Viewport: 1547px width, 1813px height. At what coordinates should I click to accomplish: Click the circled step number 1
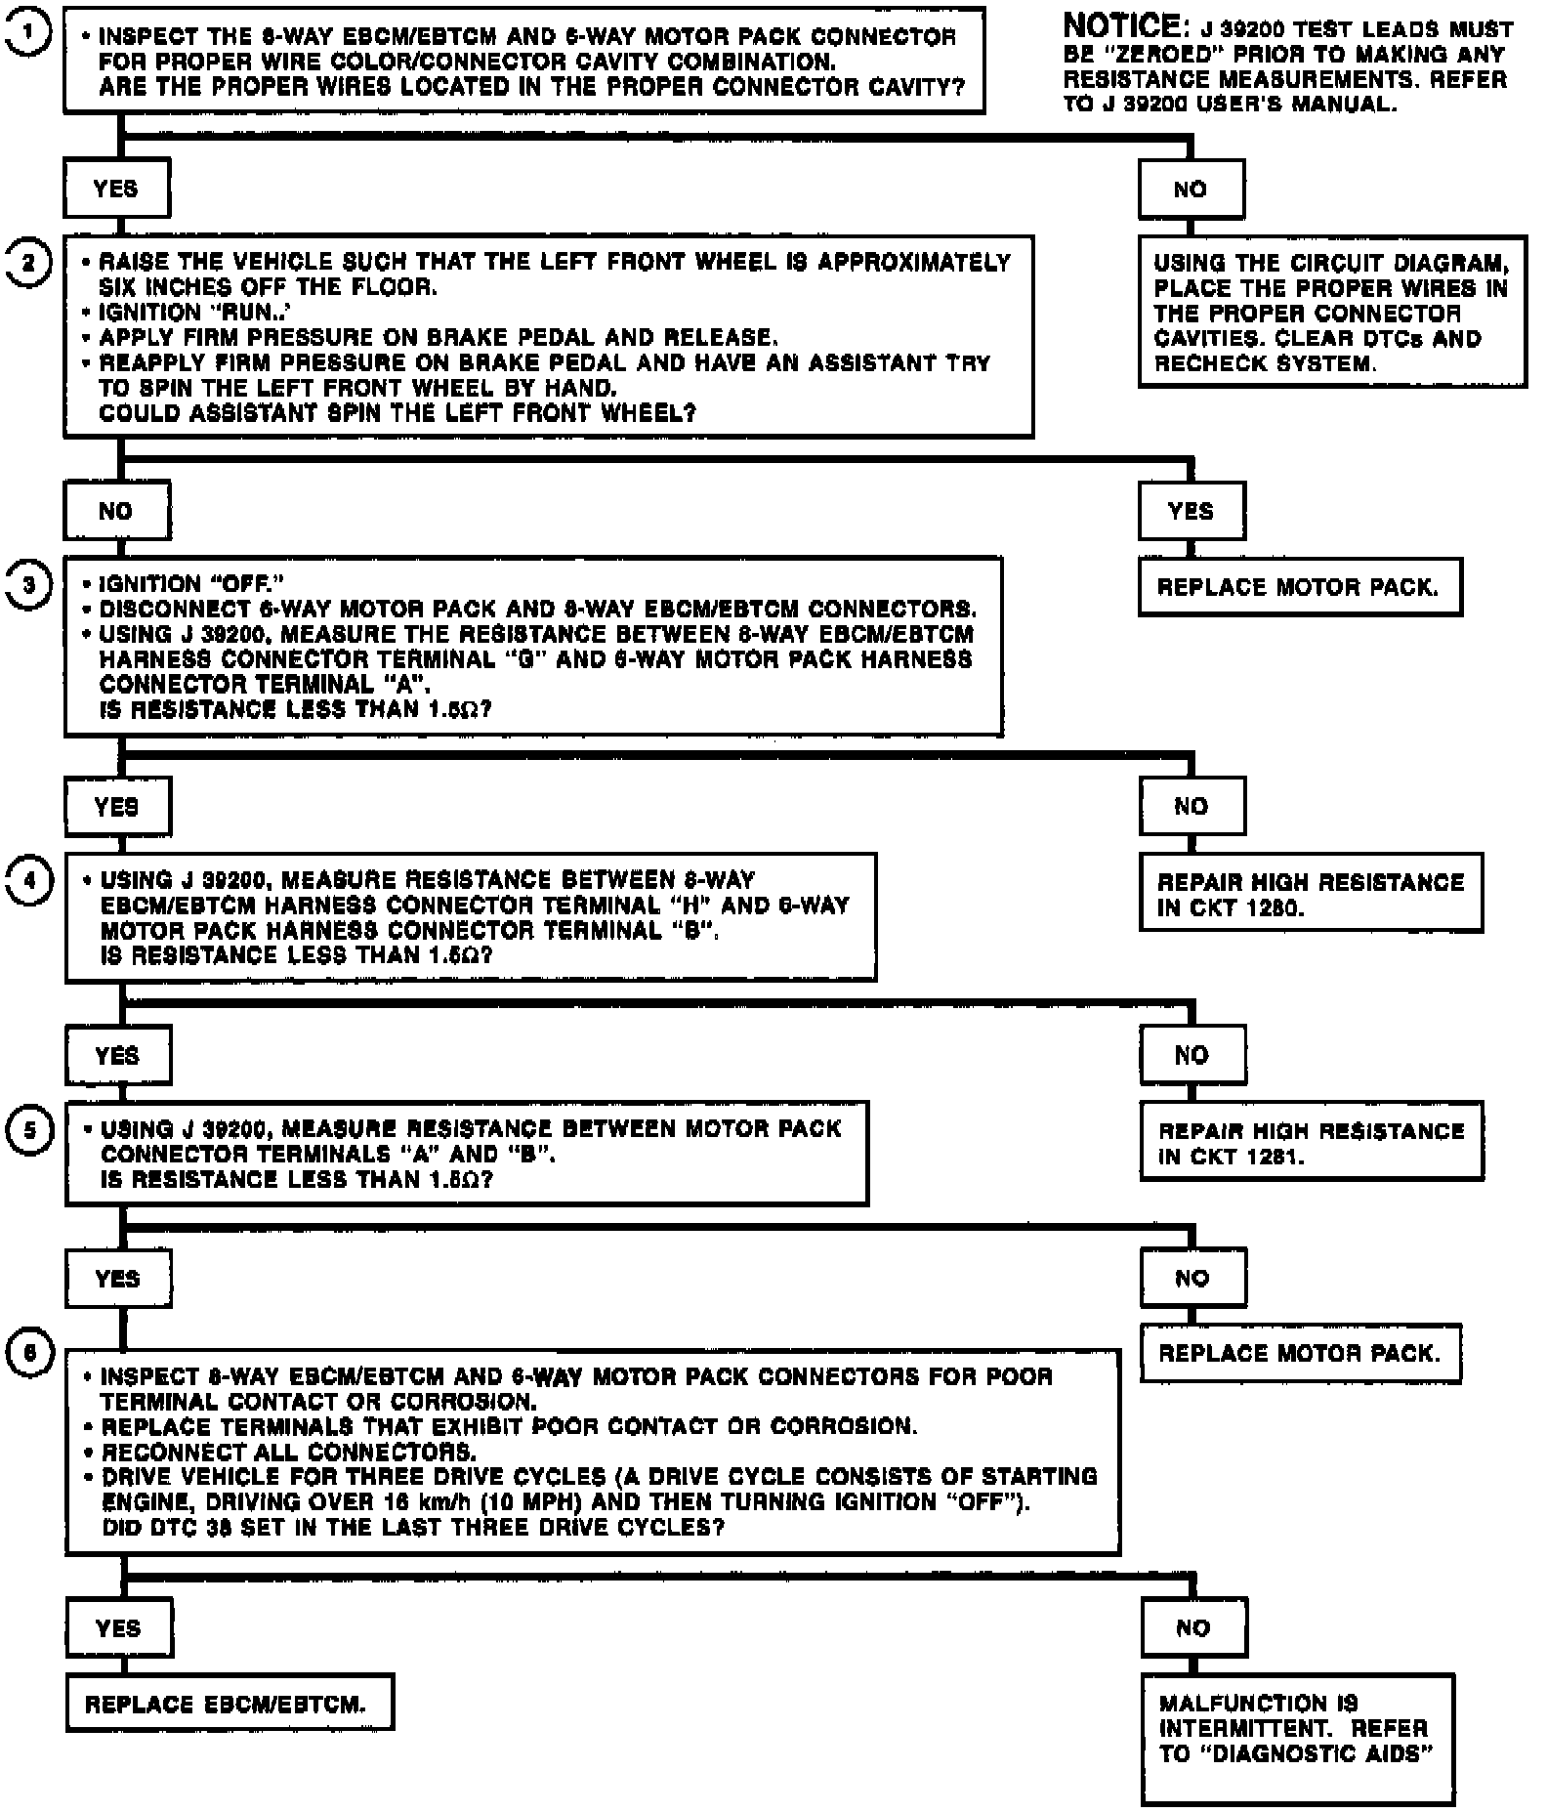[x=30, y=33]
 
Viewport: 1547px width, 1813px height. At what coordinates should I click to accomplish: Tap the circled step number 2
[x=29, y=263]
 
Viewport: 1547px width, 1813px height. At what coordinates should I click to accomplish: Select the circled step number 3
[x=29, y=585]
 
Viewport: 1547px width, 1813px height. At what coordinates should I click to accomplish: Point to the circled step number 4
[x=30, y=881]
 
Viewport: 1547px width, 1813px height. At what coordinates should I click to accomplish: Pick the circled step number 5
[x=30, y=1130]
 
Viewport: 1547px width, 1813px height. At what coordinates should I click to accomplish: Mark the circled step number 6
[x=30, y=1353]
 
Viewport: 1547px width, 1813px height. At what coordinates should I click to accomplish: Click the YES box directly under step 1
[x=116, y=189]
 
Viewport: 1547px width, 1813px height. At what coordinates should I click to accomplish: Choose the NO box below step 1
[x=1191, y=190]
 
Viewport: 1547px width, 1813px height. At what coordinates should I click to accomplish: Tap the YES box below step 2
[x=1191, y=511]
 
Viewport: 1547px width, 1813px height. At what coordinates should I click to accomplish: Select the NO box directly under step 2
[x=116, y=511]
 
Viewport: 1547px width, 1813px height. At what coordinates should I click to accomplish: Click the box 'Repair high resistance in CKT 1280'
[x=1310, y=894]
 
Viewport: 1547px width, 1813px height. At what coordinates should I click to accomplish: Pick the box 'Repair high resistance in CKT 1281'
[x=1310, y=1143]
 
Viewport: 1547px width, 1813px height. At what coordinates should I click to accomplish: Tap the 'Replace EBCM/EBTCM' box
[x=230, y=1705]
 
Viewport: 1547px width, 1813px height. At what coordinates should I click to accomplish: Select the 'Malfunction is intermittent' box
[x=1297, y=1738]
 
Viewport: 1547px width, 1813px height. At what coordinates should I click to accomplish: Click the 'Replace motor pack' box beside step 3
[x=1299, y=588]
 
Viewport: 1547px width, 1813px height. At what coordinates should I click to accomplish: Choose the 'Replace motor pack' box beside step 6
[x=1300, y=1354]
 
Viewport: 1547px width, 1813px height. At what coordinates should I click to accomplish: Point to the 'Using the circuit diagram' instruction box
[x=1331, y=313]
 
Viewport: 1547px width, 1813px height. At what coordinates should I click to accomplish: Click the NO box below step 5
[x=1192, y=1279]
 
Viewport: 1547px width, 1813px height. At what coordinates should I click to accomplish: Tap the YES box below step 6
[x=118, y=1628]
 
